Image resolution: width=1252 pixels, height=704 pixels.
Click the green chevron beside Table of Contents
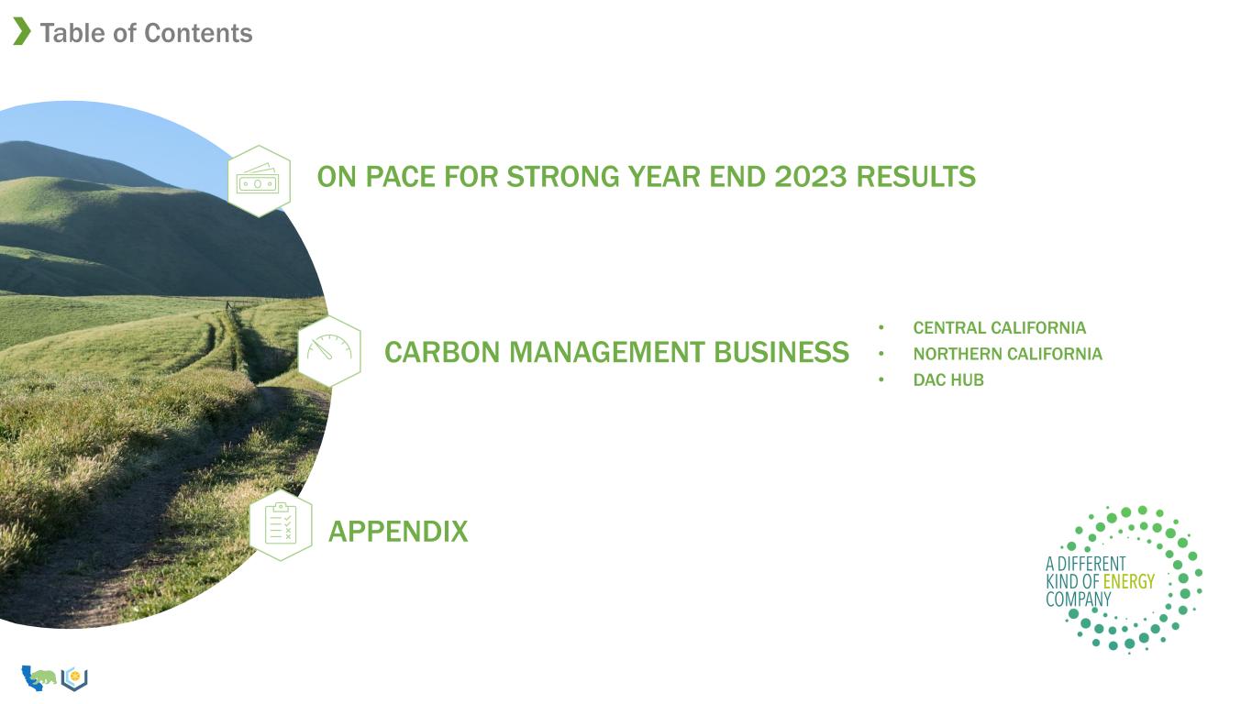click(22, 31)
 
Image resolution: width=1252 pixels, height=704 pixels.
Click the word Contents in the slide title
click(198, 33)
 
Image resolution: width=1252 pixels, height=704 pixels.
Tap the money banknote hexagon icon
click(259, 181)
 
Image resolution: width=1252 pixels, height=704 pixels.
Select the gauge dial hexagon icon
click(329, 351)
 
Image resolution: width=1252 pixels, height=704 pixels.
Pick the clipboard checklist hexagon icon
click(281, 524)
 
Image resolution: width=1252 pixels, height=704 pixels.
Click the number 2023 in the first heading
click(811, 177)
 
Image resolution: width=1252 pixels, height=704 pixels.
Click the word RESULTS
click(916, 177)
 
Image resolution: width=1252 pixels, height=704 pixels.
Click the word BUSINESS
click(781, 353)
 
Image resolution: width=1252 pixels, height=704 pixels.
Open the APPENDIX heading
click(398, 532)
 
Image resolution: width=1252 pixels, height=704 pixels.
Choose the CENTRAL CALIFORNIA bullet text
click(1000, 328)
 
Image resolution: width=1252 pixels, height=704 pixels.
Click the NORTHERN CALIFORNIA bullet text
click(1008, 354)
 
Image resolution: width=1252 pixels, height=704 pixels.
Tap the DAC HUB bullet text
click(948, 380)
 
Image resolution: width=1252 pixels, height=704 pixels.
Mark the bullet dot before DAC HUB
click(881, 379)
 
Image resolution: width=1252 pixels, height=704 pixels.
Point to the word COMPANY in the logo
click(1078, 599)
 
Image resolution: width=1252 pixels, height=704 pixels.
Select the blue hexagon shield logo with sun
click(74, 679)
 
